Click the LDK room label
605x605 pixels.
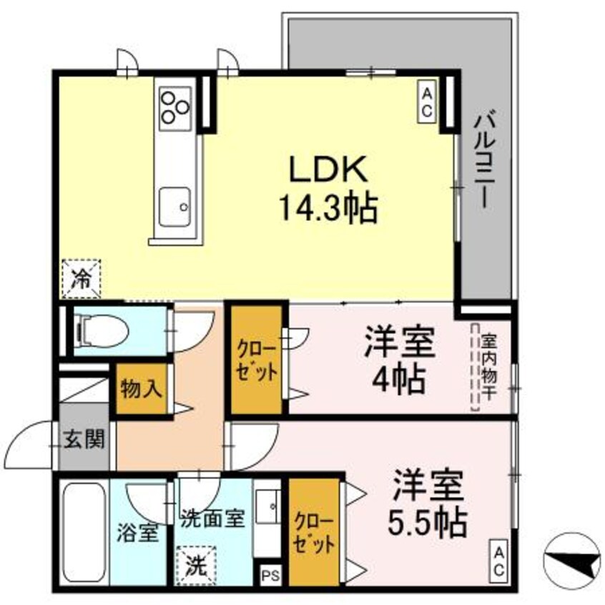[328, 169]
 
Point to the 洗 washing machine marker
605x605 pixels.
[194, 564]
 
